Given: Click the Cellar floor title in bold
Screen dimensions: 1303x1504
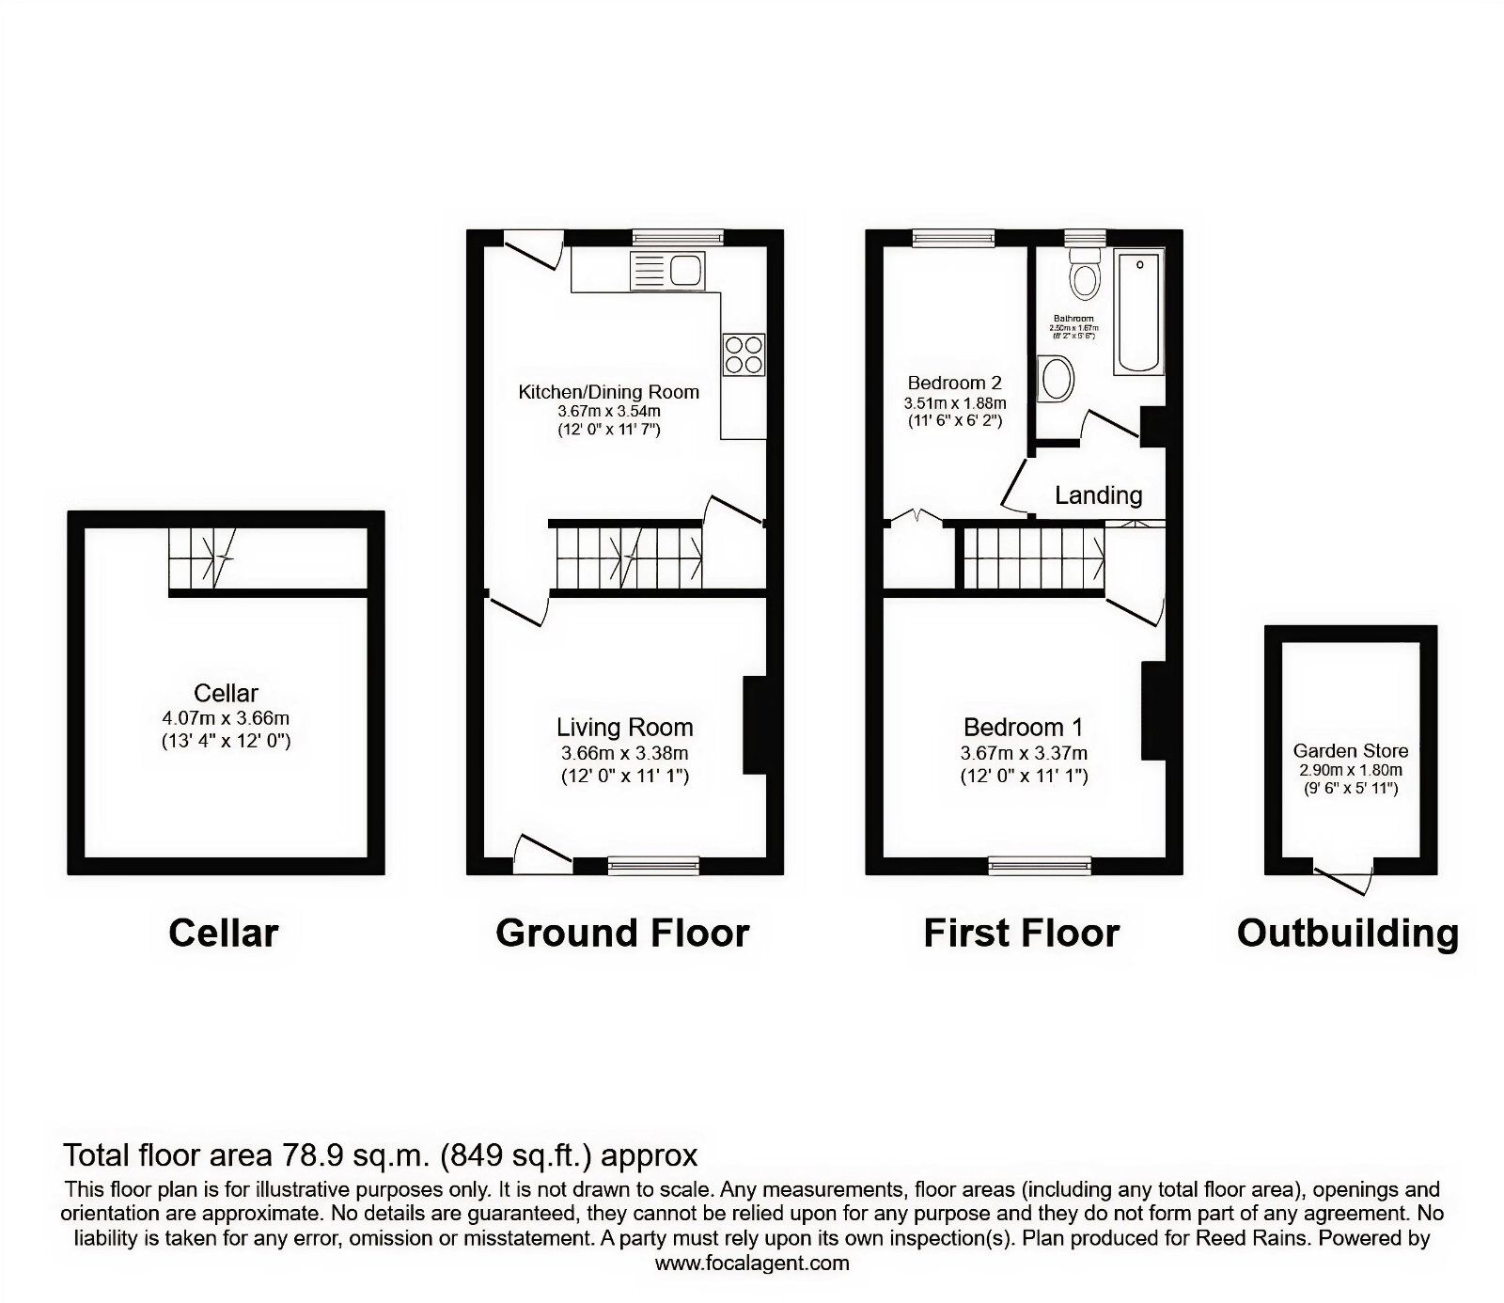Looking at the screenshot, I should tap(224, 934).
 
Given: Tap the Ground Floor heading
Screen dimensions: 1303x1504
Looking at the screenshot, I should tap(622, 934).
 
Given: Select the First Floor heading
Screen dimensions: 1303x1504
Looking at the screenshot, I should tap(1022, 934).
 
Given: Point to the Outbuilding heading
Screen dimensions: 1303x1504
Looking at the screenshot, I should tap(1348, 934).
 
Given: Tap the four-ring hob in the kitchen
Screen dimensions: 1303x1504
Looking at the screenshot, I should tap(744, 354).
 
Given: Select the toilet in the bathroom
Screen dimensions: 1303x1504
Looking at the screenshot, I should tap(1086, 273).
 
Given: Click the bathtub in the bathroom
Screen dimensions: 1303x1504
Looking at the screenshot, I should tap(1139, 311).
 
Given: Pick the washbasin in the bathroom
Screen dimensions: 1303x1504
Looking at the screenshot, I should tap(1057, 381).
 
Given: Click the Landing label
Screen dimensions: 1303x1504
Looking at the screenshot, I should tap(1098, 495).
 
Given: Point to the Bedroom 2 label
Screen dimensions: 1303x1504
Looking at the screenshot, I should tap(954, 383).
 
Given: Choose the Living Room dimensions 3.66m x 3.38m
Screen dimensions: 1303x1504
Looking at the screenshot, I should tap(624, 753).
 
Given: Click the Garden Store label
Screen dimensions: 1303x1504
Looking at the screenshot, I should tap(1351, 751).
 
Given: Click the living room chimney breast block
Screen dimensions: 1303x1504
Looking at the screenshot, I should tap(755, 725).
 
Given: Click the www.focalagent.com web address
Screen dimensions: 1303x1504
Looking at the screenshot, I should tap(752, 1264).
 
